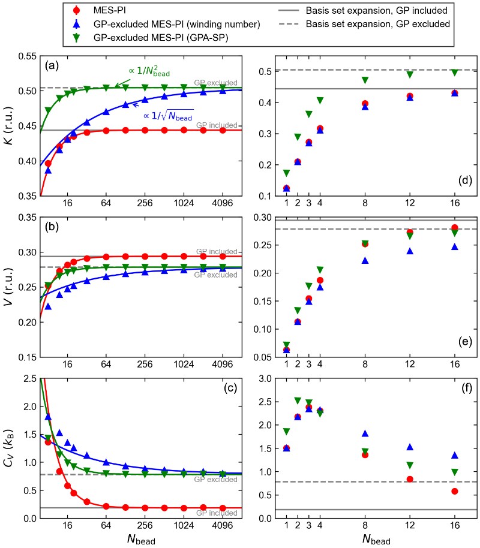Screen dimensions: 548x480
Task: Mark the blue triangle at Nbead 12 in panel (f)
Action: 409,447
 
